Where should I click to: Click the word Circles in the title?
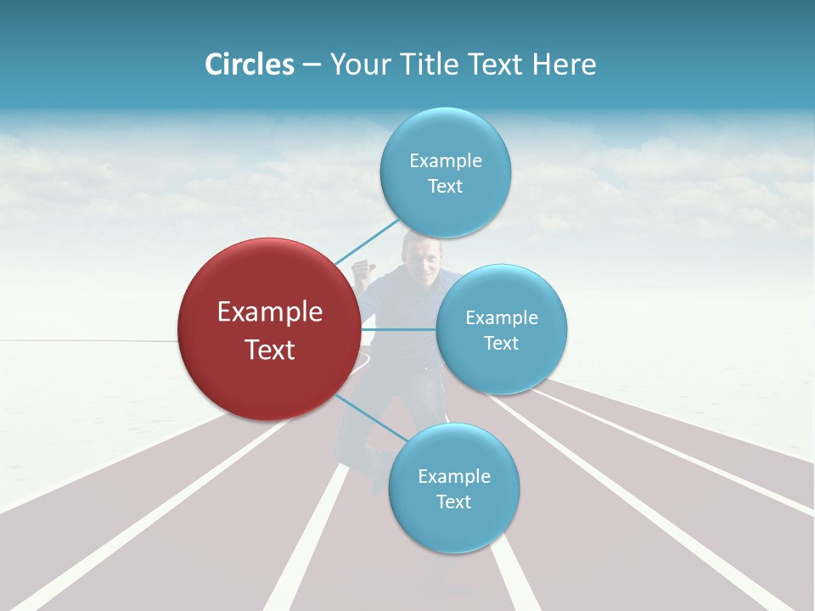click(250, 64)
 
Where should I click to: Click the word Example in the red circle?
click(270, 312)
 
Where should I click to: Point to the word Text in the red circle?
click(270, 350)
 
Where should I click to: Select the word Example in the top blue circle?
click(445, 161)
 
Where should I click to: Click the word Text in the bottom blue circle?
click(453, 502)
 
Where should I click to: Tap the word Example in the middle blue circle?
click(502, 318)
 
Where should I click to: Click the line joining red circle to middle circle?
click(399, 329)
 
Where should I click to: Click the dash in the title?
click(312, 65)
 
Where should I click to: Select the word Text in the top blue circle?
click(445, 187)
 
